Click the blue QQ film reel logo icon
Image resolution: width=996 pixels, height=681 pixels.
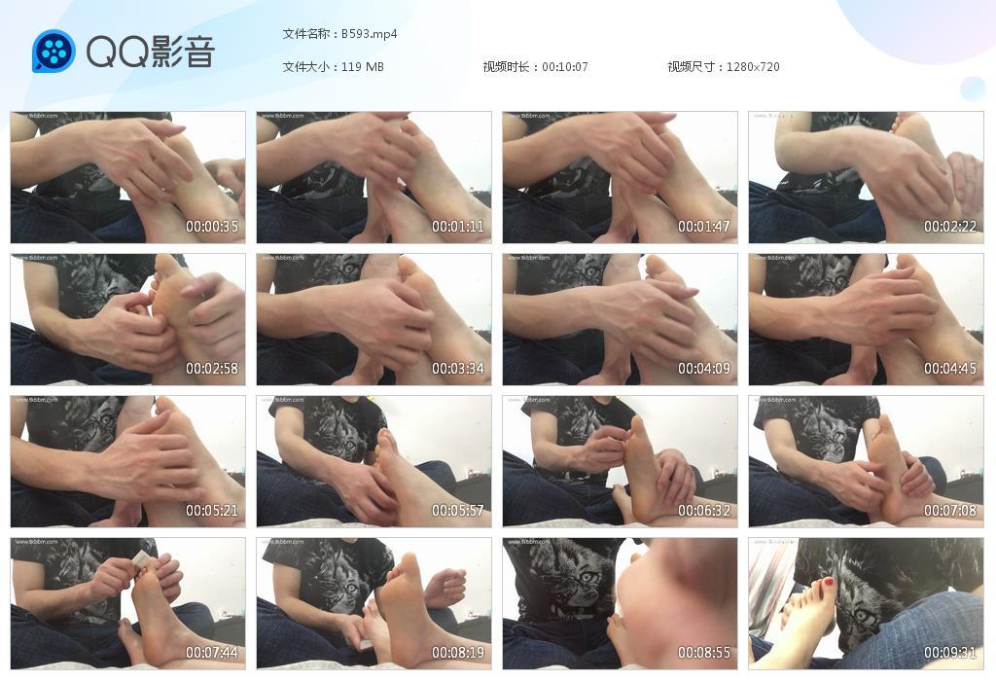[x=53, y=52]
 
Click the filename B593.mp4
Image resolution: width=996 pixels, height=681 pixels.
[x=369, y=34]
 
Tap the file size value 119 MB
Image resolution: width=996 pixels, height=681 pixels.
[x=363, y=67]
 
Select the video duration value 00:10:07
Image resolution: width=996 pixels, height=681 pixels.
[x=564, y=67]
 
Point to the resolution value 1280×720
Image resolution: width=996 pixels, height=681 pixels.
[x=753, y=67]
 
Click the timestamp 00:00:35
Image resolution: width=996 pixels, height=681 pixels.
[x=212, y=227]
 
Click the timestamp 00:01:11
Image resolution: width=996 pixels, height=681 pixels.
[x=458, y=227]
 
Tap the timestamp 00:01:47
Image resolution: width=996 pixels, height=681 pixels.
[x=704, y=227]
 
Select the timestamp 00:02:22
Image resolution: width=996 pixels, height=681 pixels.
[x=950, y=227]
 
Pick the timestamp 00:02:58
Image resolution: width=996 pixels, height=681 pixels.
[x=212, y=369]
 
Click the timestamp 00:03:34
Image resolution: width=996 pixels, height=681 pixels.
[x=458, y=369]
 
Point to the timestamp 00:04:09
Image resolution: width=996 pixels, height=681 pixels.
[x=704, y=369]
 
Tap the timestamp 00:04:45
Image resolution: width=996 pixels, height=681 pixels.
[x=950, y=369]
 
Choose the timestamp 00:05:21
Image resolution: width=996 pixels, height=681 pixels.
[x=212, y=511]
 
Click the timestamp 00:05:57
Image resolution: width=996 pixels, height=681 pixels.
[x=458, y=511]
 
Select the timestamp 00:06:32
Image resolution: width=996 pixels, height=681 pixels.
[x=704, y=511]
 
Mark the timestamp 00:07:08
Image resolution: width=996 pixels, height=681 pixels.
[x=950, y=511]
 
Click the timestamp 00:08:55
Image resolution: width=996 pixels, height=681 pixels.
[x=704, y=653]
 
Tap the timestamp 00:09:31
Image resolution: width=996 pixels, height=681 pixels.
[x=950, y=653]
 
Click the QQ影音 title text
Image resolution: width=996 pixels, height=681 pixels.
[x=150, y=52]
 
